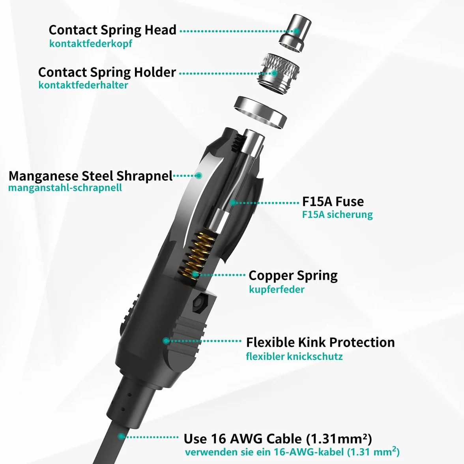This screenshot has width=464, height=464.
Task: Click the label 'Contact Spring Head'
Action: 112,30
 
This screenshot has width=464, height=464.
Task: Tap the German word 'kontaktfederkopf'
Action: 91,43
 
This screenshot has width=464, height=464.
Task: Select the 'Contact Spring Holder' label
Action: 107,72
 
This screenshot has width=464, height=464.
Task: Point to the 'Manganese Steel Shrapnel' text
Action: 91,176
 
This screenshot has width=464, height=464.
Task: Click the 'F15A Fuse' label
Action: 333,202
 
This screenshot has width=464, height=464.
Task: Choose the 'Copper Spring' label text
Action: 293,275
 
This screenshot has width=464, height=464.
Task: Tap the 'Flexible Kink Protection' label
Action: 320,342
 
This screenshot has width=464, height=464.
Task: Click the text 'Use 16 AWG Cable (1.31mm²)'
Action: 278,438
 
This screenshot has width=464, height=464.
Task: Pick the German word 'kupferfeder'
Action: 277,289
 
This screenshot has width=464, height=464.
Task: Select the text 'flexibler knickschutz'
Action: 294,356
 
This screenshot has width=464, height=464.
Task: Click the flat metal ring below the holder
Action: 260,112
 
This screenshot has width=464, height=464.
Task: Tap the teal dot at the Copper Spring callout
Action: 195,275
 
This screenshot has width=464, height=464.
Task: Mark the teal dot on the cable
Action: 121,436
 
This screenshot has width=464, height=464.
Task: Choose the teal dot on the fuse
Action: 233,202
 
